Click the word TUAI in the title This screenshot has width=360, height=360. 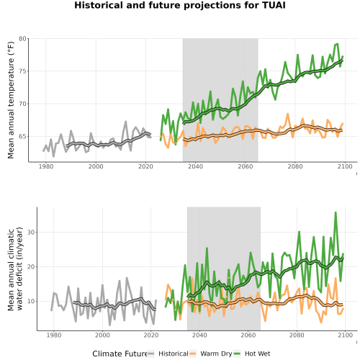click(x=274, y=5)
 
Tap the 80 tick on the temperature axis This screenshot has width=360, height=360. click(x=22, y=39)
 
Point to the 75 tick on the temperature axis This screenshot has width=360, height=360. click(x=22, y=71)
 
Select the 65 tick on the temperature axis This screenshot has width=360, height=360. click(x=22, y=137)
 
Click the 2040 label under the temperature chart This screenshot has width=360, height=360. click(x=195, y=166)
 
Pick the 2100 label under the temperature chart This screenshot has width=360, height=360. click(x=345, y=166)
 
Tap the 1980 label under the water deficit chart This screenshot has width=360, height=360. click(x=54, y=335)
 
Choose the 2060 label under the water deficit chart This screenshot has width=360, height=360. click(x=248, y=335)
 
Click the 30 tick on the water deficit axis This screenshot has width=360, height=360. click(x=31, y=233)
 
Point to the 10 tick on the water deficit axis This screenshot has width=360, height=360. click(x=31, y=301)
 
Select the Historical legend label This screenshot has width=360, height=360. click(x=174, y=354)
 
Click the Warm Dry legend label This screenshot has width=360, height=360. click(x=216, y=354)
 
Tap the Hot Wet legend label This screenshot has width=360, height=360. click(x=257, y=354)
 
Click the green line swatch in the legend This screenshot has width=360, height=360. click(x=237, y=354)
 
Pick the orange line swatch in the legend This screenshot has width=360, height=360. click(x=193, y=354)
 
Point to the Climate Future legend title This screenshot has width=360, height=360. click(x=120, y=354)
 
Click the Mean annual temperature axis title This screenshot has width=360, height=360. click(x=11, y=100)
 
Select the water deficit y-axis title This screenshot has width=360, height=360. click(x=15, y=269)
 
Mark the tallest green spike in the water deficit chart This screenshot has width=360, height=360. click(x=336, y=212)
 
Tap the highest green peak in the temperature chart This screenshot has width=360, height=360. click(x=338, y=44)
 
